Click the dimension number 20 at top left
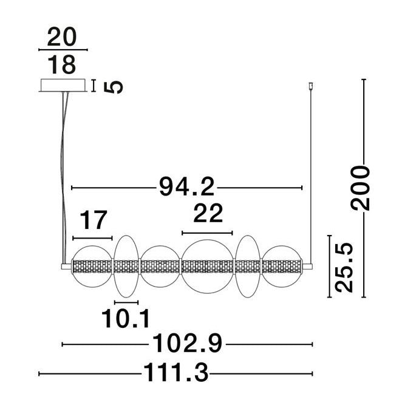coord(62,37)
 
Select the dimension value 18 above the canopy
coord(62,64)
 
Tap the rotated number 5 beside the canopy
coord(113,87)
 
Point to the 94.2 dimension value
coord(187,186)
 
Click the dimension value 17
coord(94,220)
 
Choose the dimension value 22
coord(208,213)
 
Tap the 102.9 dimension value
coord(187,343)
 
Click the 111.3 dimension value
coord(175,372)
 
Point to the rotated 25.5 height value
coord(344,267)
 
